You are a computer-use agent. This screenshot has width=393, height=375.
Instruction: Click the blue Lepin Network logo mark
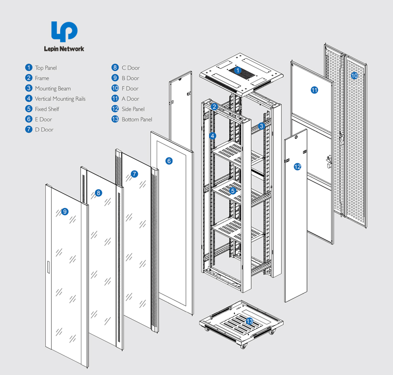click(x=64, y=31)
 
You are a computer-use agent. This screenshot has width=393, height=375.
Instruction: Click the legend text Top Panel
click(x=46, y=68)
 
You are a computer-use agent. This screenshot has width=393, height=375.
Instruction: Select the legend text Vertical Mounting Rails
click(x=60, y=99)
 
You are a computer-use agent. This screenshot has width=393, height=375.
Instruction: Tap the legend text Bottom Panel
click(x=137, y=120)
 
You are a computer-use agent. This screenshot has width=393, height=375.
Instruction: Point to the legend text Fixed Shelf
click(x=47, y=109)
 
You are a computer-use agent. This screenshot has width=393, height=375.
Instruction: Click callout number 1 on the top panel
click(x=238, y=71)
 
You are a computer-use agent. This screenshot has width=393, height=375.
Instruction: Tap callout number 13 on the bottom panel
click(x=249, y=322)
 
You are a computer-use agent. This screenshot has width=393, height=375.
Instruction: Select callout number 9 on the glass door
click(x=65, y=212)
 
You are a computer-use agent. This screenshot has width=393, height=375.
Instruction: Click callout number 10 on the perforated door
click(x=354, y=76)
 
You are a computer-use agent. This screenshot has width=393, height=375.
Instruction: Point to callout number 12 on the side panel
click(x=297, y=167)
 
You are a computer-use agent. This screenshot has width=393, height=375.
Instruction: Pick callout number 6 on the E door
click(x=169, y=161)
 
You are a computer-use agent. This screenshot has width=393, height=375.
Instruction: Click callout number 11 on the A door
click(x=314, y=90)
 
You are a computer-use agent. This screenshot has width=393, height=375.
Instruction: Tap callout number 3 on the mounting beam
click(x=261, y=126)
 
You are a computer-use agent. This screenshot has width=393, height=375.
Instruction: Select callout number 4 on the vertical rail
click(x=212, y=135)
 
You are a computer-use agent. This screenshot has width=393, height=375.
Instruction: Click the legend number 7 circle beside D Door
click(x=29, y=129)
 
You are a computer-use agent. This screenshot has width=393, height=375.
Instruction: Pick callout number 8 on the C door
click(x=98, y=193)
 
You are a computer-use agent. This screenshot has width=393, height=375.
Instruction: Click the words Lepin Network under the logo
click(x=64, y=49)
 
